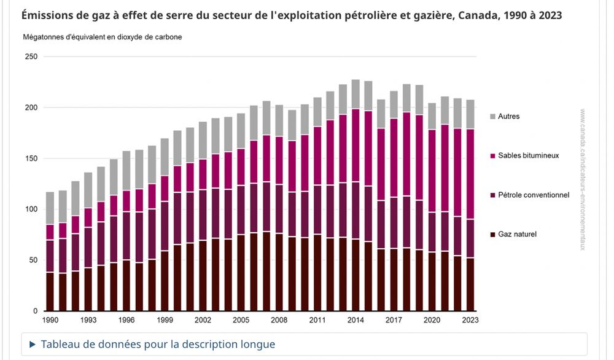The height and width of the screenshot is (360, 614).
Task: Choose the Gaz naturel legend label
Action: (517, 234)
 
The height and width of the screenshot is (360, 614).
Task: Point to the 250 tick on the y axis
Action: (31, 57)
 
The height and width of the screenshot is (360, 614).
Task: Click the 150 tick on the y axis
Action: (31, 158)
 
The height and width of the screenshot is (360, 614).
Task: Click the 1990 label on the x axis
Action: (50, 320)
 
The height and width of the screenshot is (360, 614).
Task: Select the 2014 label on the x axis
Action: (356, 320)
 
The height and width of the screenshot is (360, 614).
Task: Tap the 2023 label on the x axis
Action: (470, 320)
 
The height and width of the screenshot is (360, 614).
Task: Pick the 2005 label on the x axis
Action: (241, 320)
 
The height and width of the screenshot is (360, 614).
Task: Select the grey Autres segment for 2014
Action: (356, 95)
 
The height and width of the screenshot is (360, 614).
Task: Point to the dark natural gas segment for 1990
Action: (50, 291)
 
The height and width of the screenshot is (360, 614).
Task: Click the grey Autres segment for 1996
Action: (127, 171)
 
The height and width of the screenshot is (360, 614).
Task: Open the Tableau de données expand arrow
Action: (33, 345)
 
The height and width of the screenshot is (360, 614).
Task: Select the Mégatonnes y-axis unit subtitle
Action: (102, 37)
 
